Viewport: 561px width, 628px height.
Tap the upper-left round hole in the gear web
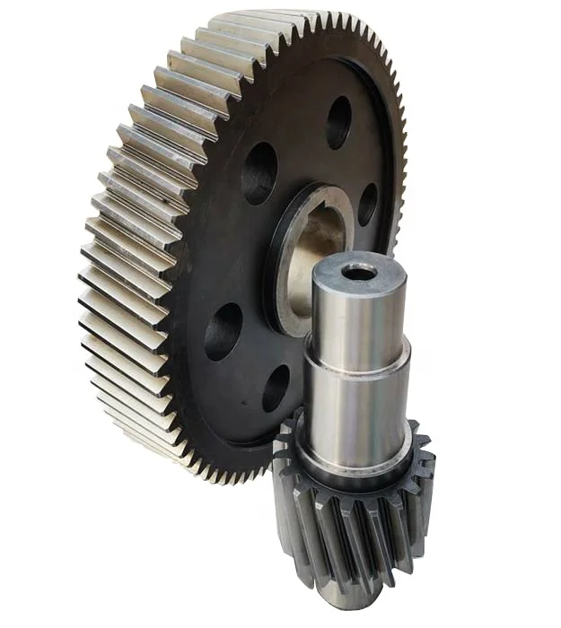(x=259, y=172)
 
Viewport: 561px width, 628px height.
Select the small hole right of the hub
(x=367, y=204)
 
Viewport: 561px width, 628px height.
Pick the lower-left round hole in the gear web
(x=223, y=331)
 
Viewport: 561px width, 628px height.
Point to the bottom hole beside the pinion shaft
(x=276, y=387)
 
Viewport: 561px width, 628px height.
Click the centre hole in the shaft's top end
(x=359, y=271)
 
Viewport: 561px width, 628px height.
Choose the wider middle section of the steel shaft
(x=355, y=404)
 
